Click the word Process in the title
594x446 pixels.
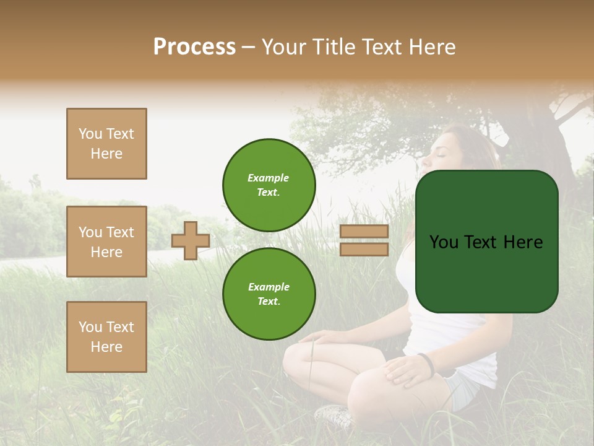194,47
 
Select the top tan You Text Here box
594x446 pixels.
106,144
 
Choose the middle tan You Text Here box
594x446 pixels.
106,242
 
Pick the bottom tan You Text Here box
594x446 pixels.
106,337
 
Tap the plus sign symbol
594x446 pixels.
191,241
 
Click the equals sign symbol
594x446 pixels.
364,240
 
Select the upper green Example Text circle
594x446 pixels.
269,185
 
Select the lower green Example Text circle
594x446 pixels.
269,294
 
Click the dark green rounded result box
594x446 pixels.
486,242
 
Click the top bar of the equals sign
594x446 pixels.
364,232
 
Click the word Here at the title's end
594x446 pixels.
429,47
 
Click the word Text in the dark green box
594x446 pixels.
486,242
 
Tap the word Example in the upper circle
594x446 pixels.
269,178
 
